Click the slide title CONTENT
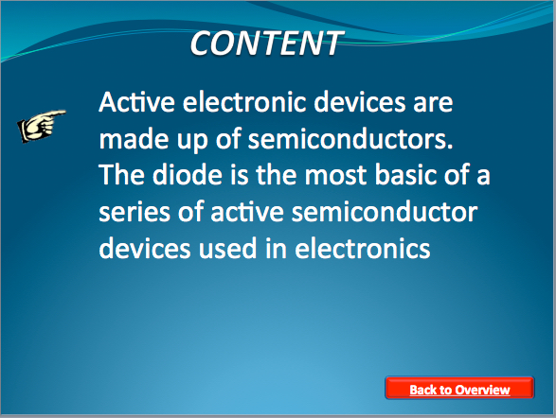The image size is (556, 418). (x=266, y=43)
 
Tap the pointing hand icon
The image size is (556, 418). (x=42, y=126)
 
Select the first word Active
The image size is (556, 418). (x=137, y=102)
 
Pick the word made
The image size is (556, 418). (x=135, y=139)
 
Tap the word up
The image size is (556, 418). (x=192, y=142)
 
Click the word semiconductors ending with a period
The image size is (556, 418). (x=350, y=139)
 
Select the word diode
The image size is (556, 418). (x=188, y=175)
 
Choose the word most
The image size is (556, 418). (x=335, y=176)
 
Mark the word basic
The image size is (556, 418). (x=405, y=175)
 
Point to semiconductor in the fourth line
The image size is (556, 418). (x=385, y=212)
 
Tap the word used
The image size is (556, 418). (x=227, y=248)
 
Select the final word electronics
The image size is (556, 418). (x=363, y=248)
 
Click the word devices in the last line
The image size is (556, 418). (x=144, y=248)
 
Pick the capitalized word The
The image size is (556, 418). (x=121, y=175)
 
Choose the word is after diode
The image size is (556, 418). (x=240, y=175)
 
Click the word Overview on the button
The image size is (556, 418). (x=483, y=390)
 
